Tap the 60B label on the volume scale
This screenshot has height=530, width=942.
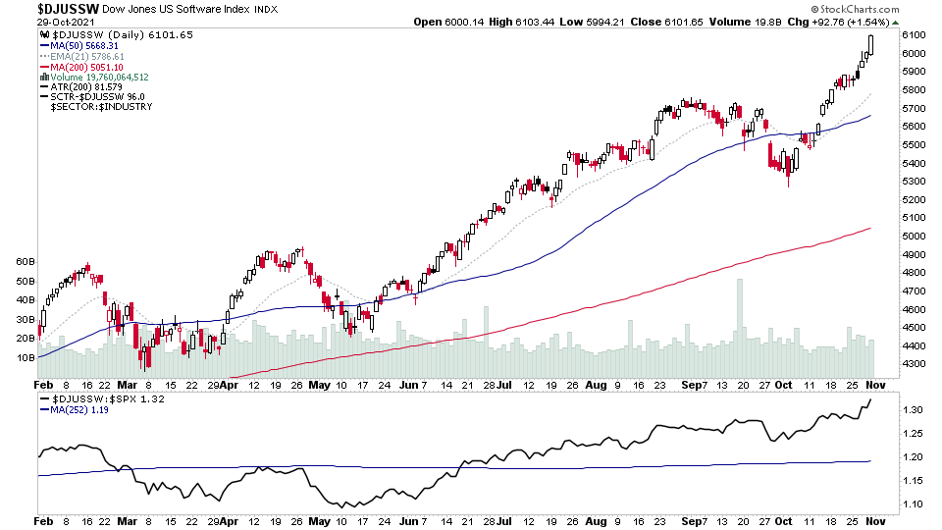pyautogui.click(x=25, y=263)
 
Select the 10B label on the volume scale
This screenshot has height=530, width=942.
pyautogui.click(x=25, y=357)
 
